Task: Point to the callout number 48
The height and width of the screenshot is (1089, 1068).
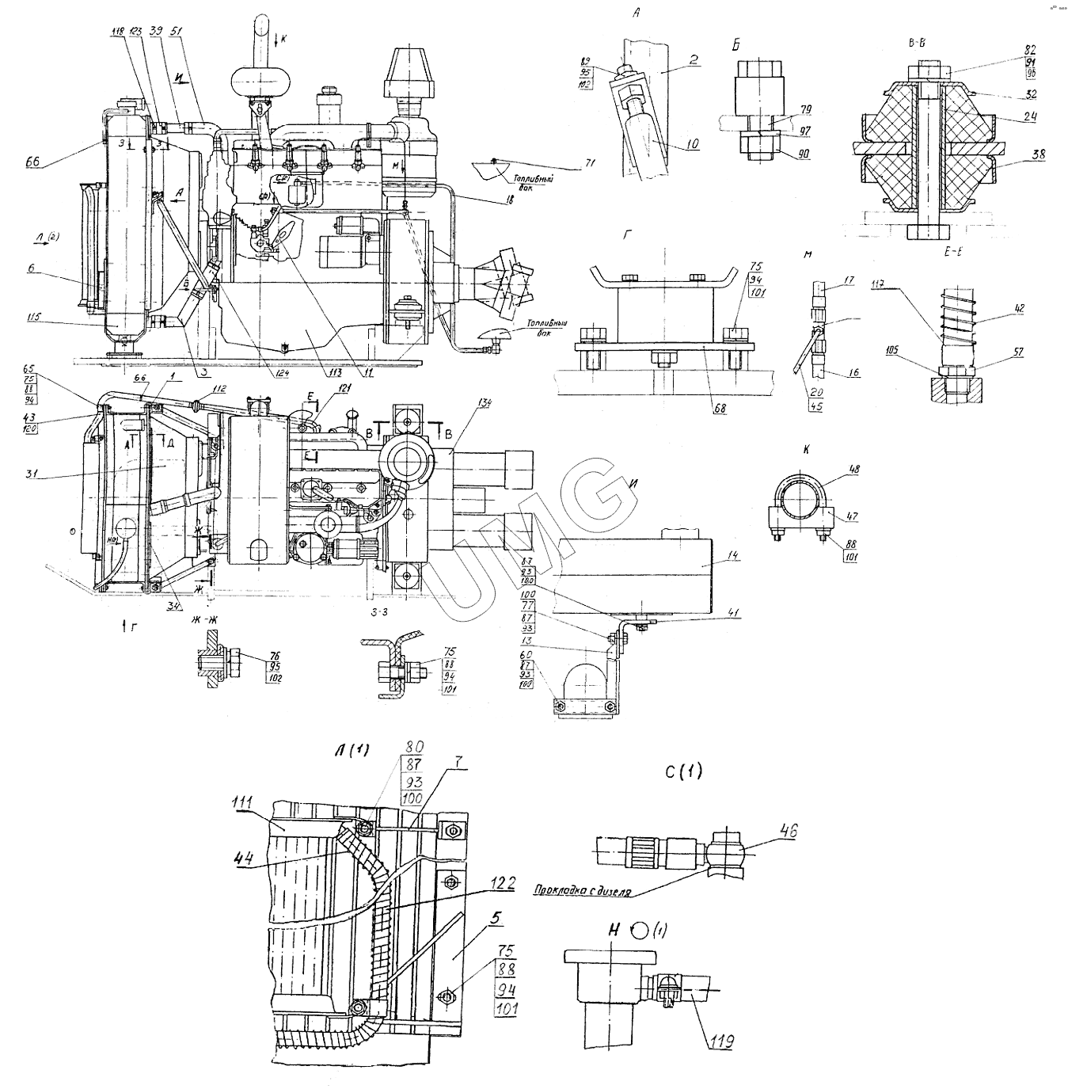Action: (x=830, y=470)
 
